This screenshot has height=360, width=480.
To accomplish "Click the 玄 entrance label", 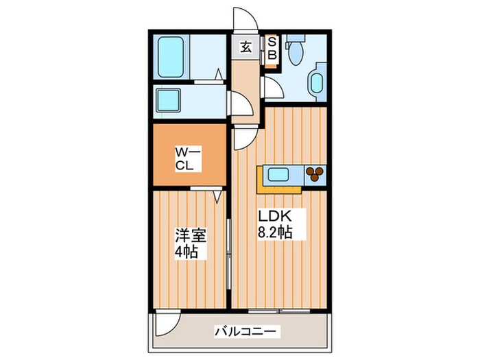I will click(x=245, y=48).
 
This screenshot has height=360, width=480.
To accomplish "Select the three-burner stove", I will click(x=315, y=174).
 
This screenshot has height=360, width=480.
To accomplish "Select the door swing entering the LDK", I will click(x=244, y=139).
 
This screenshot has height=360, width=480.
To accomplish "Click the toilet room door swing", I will click(x=271, y=87).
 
